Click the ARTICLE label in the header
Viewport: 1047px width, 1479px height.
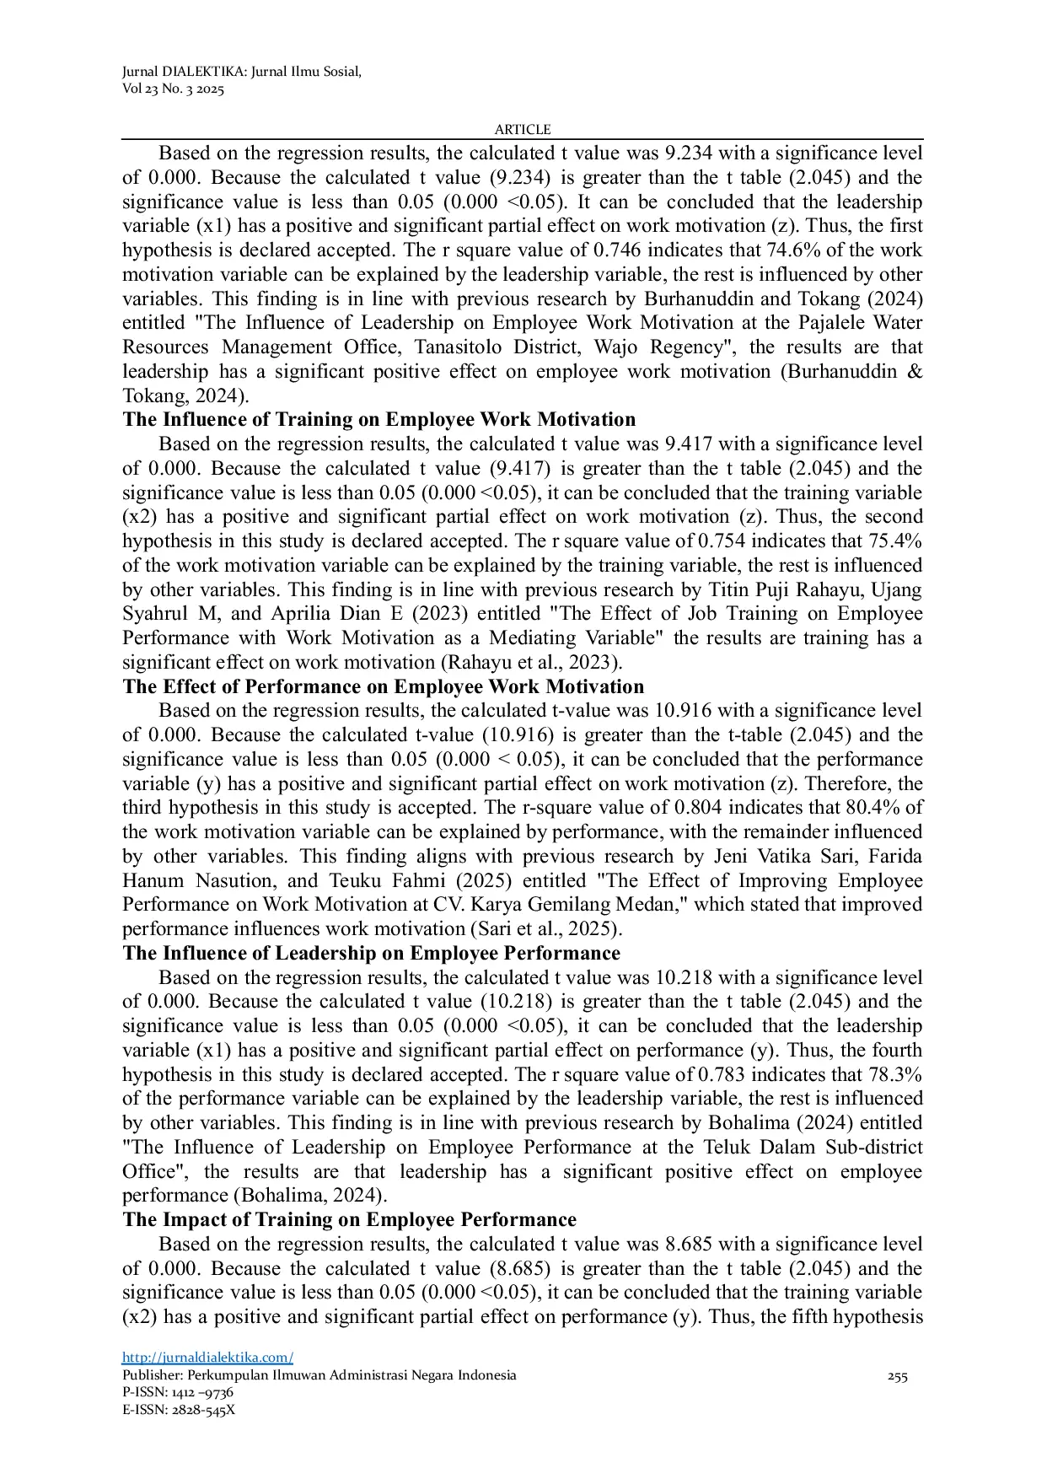pos(523,129)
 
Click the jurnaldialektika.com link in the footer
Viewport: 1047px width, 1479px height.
pos(207,1357)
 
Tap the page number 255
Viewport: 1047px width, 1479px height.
pos(897,1376)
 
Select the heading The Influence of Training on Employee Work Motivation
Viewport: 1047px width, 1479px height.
pos(379,420)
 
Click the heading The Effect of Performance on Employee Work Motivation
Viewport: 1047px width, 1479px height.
pos(383,686)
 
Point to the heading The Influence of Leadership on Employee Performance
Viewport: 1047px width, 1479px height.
pos(371,953)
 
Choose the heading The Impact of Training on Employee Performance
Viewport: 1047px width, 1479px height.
pos(349,1219)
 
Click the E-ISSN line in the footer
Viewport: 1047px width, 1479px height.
pos(179,1409)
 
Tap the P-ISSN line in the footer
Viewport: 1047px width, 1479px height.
pos(178,1392)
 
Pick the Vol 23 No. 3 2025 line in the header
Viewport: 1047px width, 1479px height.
pos(173,89)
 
